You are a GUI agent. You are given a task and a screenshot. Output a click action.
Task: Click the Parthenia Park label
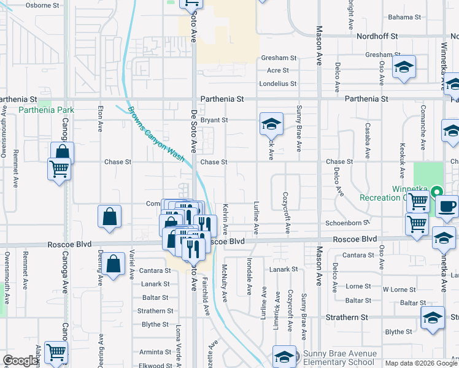click(46, 110)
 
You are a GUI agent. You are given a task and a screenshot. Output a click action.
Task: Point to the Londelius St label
click(277, 83)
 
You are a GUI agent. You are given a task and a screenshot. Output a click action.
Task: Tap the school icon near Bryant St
click(271, 124)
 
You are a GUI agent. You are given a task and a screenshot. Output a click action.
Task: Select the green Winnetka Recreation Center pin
click(436, 191)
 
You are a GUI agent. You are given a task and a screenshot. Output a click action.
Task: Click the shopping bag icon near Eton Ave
click(109, 217)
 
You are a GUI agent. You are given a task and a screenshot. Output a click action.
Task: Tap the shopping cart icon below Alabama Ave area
click(56, 353)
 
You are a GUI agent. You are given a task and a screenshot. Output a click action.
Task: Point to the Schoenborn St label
click(347, 223)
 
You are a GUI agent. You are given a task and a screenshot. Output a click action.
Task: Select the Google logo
click(20, 361)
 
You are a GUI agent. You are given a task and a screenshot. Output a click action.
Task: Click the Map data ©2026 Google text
click(420, 363)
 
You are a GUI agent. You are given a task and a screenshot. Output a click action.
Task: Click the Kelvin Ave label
click(225, 220)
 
